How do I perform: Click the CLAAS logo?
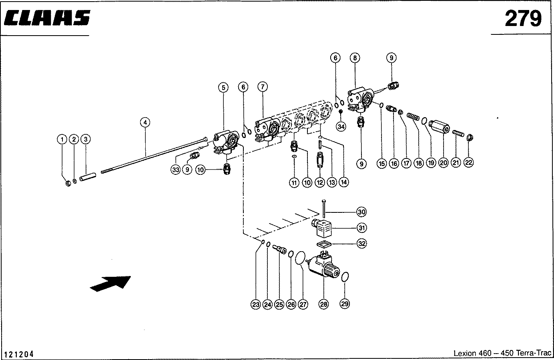47,18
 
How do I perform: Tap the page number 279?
523,18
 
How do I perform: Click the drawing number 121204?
19,354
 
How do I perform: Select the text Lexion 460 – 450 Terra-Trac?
502,353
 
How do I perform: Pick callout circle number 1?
62,139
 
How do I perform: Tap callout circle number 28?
323,304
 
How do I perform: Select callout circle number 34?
341,126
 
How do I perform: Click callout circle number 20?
443,162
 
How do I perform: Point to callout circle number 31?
361,228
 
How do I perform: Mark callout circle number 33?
175,170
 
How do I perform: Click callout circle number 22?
469,162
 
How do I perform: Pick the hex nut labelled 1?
68,184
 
